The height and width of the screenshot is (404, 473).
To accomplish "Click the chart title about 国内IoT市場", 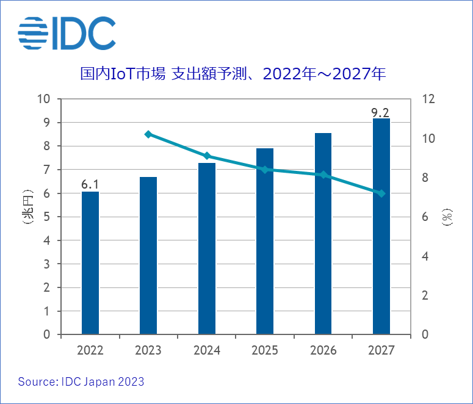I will coord(233,74).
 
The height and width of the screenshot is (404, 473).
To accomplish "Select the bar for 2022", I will coord(90,263).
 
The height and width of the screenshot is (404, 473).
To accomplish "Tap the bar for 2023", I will coord(148,256).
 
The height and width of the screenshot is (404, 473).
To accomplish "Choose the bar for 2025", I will coord(265,242).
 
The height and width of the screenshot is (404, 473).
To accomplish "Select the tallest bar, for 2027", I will coord(381,226).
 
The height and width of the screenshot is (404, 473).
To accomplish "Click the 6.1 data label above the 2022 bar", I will coord(90,184).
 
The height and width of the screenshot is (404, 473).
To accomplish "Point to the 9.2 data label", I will coord(381,112).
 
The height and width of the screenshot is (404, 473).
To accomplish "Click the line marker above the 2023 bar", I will coord(148,134).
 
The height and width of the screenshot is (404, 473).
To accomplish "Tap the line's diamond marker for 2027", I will coord(381,193).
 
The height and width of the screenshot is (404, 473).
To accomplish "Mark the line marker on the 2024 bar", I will coord(207,156).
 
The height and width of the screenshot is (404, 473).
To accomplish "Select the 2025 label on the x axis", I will coord(265,350).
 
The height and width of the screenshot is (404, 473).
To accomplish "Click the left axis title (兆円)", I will coord(26,217).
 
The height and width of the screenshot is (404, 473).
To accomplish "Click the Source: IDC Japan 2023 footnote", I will coord(81,382).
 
